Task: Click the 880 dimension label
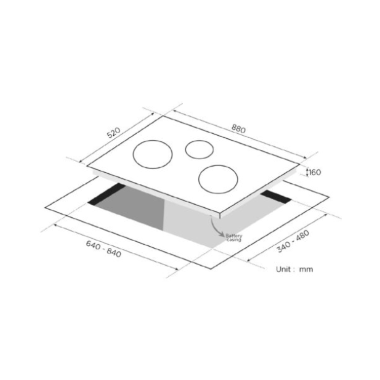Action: pyautogui.click(x=239, y=129)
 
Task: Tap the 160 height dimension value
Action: pyautogui.click(x=315, y=172)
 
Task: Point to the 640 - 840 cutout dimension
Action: pyautogui.click(x=104, y=249)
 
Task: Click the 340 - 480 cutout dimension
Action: pyautogui.click(x=293, y=241)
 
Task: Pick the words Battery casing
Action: pyautogui.click(x=234, y=238)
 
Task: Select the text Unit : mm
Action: pyautogui.click(x=294, y=269)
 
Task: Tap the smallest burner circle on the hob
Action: pyautogui.click(x=199, y=149)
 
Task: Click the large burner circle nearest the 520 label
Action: pyautogui.click(x=152, y=155)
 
